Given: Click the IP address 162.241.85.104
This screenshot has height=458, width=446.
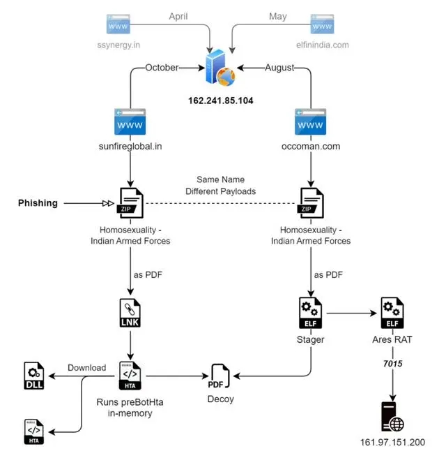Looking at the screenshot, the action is point(221,101).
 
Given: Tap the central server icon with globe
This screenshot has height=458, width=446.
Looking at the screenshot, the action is point(220,68).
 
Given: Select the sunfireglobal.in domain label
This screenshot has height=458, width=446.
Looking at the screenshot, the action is point(130,146).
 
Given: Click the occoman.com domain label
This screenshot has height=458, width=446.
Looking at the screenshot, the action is point(311,146).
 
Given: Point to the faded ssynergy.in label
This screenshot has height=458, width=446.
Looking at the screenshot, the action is point(118,45).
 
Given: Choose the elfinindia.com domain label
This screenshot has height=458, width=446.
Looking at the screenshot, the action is point(323,45).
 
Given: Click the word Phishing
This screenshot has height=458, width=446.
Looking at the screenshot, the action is point(38,203).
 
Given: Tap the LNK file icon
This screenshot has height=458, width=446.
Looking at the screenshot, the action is point(130,313).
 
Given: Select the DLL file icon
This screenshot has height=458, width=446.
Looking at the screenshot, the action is point(34,376).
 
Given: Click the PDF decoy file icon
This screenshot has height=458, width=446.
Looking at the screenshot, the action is point(219,376).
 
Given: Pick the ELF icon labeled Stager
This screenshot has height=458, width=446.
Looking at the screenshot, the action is point(311,313).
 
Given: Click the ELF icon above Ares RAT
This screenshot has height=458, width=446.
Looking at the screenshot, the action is point(392,313).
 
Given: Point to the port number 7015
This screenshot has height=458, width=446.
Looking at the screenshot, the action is point(392,364).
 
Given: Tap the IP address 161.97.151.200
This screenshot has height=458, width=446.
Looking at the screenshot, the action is point(392,442).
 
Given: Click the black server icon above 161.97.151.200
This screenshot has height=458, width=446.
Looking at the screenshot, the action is point(392,417).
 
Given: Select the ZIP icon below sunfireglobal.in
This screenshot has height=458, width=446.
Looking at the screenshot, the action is point(130,203).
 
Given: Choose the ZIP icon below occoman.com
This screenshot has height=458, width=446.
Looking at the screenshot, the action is point(310,203).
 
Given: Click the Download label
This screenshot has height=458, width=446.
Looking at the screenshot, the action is point(87,368).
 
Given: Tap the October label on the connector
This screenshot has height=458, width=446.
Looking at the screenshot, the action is point(162,68).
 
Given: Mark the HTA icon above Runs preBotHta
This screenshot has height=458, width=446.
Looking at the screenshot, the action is point(130,376).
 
